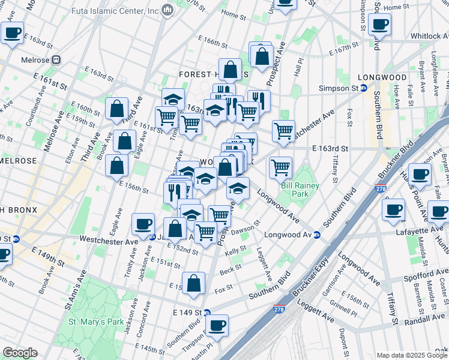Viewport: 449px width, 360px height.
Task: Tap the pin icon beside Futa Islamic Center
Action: [167, 10]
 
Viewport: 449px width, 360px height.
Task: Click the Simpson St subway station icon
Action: [364, 88]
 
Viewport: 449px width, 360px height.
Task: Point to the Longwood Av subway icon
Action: [316, 235]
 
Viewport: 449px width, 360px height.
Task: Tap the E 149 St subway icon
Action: [206, 313]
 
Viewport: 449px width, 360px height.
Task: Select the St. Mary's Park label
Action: [96, 322]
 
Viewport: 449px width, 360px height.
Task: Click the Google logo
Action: [20, 352]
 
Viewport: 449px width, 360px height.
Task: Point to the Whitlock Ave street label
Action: [429, 36]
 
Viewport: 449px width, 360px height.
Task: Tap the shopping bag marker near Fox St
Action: [194, 284]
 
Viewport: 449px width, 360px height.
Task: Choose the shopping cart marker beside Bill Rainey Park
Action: [280, 169]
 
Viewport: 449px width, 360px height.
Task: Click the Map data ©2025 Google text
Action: [411, 355]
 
